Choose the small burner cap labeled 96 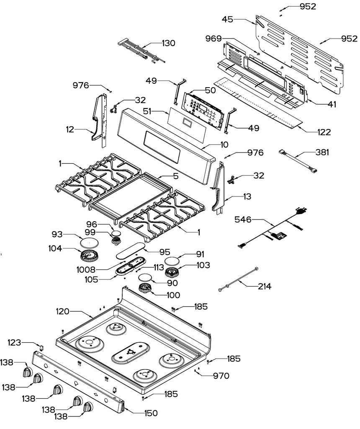[116, 233]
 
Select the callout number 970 [221, 376]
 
